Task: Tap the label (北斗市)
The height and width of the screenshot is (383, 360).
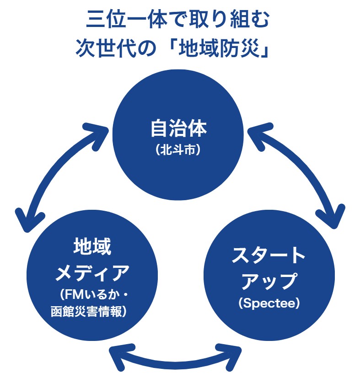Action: point(178,149)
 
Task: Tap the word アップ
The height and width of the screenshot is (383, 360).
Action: point(269,281)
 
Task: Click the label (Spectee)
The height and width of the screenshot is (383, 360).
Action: point(269,303)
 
